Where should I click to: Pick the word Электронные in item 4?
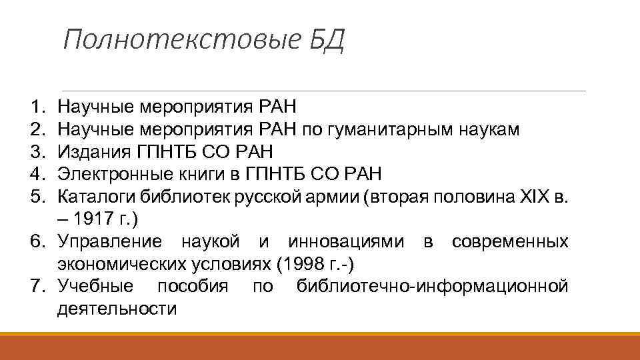[107, 175]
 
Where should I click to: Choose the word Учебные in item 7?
[95, 287]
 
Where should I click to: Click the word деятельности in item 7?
[117, 309]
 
